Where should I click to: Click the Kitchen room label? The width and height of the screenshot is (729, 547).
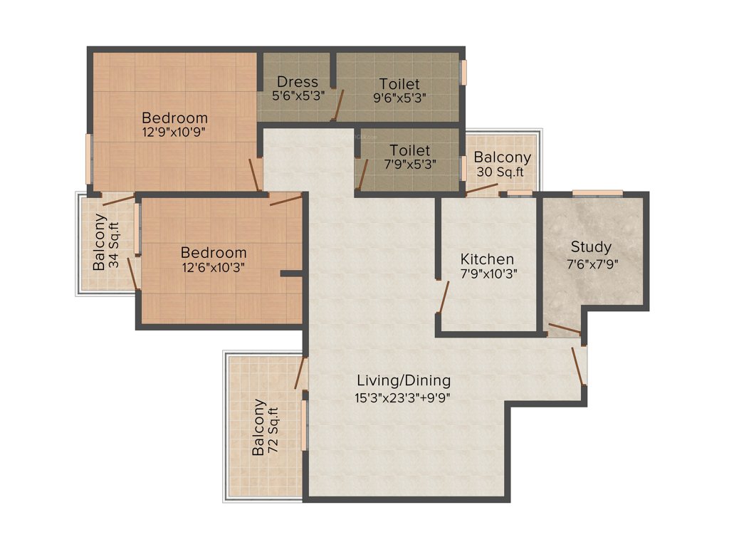pyautogui.click(x=487, y=259)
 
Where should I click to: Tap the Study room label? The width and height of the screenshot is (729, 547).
pyautogui.click(x=591, y=246)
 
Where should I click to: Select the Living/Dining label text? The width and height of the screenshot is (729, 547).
pyautogui.click(x=404, y=380)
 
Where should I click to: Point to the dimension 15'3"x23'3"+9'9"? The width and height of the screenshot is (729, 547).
pyautogui.click(x=404, y=397)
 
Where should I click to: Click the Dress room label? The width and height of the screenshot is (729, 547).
pyautogui.click(x=298, y=81)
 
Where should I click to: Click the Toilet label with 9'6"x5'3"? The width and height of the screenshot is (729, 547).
pyautogui.click(x=399, y=84)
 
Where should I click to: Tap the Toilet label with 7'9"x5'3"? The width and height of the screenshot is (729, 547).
pyautogui.click(x=409, y=150)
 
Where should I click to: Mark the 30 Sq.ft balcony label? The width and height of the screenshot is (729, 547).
pyautogui.click(x=503, y=164)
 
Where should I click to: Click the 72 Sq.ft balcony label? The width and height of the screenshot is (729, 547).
pyautogui.click(x=264, y=427)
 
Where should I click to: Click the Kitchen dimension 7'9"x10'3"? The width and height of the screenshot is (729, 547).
pyautogui.click(x=487, y=273)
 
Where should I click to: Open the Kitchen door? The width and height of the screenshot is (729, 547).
pyautogui.click(x=444, y=298)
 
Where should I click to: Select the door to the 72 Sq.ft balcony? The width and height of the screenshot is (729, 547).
pyautogui.click(x=300, y=373)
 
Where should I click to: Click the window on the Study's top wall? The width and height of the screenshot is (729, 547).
pyautogui.click(x=597, y=192)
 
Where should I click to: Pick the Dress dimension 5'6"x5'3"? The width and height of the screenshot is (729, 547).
pyautogui.click(x=298, y=96)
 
